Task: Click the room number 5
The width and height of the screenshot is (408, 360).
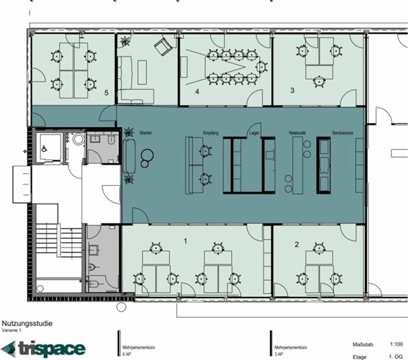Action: coord(106,93)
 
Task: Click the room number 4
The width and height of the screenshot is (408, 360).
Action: coord(197,91)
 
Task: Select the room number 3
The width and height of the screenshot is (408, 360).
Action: coord(292,90)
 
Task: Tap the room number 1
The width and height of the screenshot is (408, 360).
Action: coord(186,241)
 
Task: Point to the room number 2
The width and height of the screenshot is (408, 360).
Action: coord(297,244)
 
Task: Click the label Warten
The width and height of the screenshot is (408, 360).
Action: coord(146,133)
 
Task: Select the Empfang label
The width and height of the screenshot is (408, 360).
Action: coord(211,133)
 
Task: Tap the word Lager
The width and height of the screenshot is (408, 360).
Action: coord(254,133)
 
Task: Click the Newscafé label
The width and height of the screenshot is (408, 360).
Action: coord(297,133)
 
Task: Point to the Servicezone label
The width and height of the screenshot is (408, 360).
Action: coord(343,133)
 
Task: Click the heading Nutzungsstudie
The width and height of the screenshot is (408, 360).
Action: coord(27,323)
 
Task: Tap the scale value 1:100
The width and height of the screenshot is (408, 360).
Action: coord(396,344)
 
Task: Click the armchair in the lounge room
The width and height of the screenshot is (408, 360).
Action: coord(163,46)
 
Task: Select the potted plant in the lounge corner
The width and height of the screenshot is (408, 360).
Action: coord(125,41)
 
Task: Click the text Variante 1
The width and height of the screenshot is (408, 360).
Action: coord(12,330)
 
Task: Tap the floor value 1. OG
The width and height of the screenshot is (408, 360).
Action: coord(396,357)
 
